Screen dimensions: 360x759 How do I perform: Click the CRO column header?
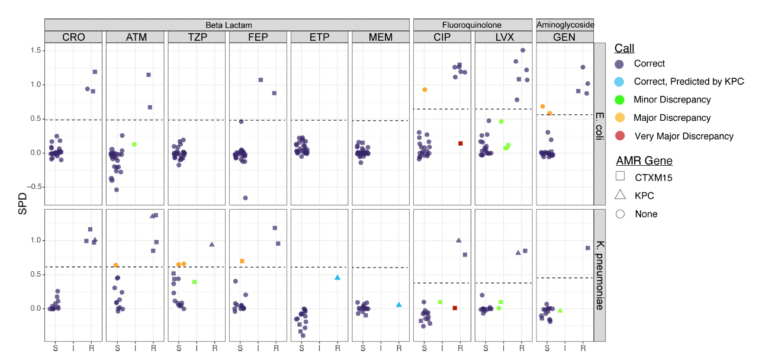coord(73,37)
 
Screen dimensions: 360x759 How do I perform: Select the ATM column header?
coord(136,37)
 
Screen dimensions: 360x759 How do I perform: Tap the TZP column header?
coord(197,37)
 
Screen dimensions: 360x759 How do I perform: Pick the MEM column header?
coord(380,37)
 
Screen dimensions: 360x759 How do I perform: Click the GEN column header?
coord(564,37)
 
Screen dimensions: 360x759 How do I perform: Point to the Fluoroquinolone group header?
coord(472,25)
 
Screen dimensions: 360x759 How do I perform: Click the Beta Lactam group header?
coord(229,25)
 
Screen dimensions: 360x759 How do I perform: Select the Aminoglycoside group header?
coord(565,25)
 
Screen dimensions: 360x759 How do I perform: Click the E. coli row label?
coord(599,124)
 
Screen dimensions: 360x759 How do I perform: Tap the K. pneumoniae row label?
coord(599,275)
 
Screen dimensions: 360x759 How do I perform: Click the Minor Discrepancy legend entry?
coord(672,99)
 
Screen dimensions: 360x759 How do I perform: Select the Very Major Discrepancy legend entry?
coord(683,136)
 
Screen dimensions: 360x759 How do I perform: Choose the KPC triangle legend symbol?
coord(620,195)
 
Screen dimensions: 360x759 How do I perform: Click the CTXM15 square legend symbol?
coord(620,176)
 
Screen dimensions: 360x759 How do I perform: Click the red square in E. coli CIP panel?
coord(461,143)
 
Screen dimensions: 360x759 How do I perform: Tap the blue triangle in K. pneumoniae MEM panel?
coord(399,304)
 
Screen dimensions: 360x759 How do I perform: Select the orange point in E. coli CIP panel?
coord(424,89)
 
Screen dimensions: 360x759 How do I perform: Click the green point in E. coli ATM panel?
coord(134,144)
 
